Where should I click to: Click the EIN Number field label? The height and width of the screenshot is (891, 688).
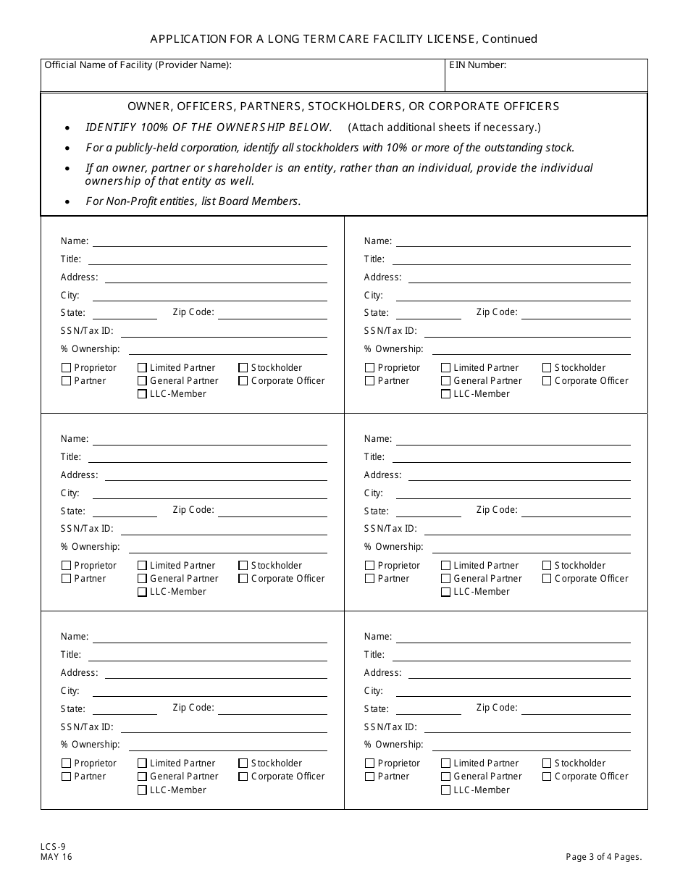click(477, 65)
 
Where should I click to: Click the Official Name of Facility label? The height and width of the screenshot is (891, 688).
click(138, 65)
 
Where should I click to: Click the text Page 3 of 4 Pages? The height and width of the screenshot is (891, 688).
click(604, 857)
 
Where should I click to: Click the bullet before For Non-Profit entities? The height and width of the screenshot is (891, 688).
click(67, 202)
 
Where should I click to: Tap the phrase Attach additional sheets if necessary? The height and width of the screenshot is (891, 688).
click(444, 127)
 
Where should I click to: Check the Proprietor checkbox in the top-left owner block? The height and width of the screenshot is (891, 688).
click(67, 368)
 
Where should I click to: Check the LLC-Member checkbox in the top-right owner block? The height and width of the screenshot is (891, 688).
click(445, 394)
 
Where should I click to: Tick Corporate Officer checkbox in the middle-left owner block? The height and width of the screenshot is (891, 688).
click(243, 579)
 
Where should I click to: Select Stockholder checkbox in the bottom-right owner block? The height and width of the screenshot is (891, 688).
click(547, 764)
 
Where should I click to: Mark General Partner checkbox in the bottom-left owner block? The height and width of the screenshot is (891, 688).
click(142, 777)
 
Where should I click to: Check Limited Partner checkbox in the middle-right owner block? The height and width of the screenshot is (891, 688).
click(445, 566)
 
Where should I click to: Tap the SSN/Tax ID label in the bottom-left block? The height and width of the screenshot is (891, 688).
click(87, 727)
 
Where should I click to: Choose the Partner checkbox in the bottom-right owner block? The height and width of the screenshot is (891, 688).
click(370, 777)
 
